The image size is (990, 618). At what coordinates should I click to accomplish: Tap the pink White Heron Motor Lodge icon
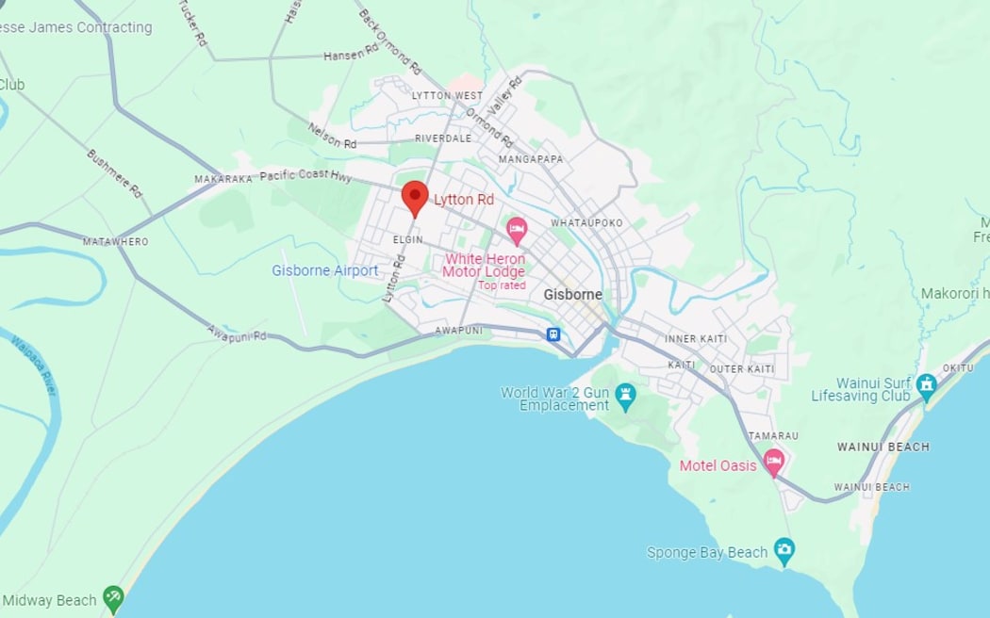point(517,229)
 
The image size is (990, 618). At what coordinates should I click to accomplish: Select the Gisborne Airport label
point(324,270)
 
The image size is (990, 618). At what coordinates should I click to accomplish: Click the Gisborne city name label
point(572,295)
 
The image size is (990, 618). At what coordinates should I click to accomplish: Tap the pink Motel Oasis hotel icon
point(774,462)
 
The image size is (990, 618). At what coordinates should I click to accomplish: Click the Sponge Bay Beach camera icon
point(784,547)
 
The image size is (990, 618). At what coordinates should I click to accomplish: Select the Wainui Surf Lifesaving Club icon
point(927,383)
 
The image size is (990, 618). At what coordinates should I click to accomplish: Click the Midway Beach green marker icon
point(113,596)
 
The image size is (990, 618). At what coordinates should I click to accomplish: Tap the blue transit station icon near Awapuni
point(553,333)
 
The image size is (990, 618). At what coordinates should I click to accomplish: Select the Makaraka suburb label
point(223,179)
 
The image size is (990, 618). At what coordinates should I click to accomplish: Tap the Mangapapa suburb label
point(530,159)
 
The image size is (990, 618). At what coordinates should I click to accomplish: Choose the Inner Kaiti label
point(694,339)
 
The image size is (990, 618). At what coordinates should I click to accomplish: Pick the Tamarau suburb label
point(773,436)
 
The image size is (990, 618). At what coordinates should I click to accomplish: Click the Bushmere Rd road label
point(114,173)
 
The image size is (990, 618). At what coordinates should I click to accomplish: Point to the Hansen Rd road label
point(351,57)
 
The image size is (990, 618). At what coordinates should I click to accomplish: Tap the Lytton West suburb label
point(447,96)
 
